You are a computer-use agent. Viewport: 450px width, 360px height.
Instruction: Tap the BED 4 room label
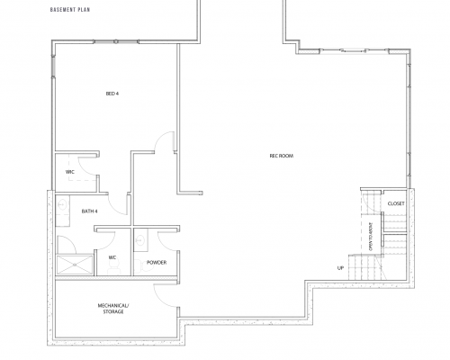[112, 93]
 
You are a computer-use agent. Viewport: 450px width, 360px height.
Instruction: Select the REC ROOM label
[282, 155]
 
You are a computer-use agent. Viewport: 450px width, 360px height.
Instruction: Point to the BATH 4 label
[90, 211]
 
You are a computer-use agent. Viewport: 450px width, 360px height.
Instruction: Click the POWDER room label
[157, 263]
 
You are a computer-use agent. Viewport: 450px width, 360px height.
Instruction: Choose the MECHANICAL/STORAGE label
[115, 310]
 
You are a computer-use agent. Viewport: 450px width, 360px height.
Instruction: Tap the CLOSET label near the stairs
[396, 204]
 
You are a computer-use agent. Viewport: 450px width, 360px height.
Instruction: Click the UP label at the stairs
[341, 267]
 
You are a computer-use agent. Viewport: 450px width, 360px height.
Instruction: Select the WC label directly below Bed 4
[69, 171]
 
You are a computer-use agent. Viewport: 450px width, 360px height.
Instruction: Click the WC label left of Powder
[112, 257]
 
